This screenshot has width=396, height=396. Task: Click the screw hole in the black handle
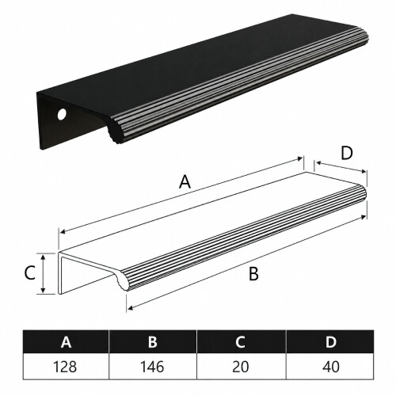[62, 115]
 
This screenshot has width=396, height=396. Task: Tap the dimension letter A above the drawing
[185, 182]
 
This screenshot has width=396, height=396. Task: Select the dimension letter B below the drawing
[253, 274]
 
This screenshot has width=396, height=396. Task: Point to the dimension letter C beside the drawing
[30, 273]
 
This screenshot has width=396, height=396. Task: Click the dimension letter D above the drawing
[347, 153]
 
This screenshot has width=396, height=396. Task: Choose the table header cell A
[66, 341]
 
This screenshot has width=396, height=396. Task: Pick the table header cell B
[153, 341]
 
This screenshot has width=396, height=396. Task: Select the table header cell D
[330, 341]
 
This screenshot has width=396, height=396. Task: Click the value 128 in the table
[65, 367]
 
